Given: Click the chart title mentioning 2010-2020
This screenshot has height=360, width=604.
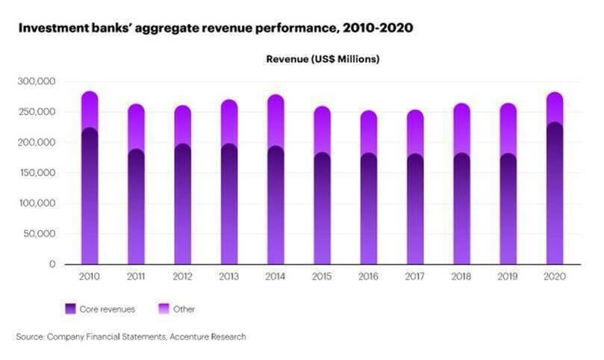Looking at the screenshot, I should [215, 28].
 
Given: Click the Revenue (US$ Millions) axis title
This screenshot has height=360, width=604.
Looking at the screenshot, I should [323, 59].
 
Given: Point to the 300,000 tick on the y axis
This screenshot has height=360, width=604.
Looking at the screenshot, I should [38, 81].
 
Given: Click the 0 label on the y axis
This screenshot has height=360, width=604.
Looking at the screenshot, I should [52, 264].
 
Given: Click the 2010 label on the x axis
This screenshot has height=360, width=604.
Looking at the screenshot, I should [89, 276].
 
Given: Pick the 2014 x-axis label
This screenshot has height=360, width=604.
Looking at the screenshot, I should [276, 276].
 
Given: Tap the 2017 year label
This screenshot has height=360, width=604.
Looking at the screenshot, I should [416, 276].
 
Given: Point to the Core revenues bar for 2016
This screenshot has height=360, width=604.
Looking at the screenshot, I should [369, 209].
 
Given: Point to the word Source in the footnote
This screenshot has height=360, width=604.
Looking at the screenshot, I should [30, 337].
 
